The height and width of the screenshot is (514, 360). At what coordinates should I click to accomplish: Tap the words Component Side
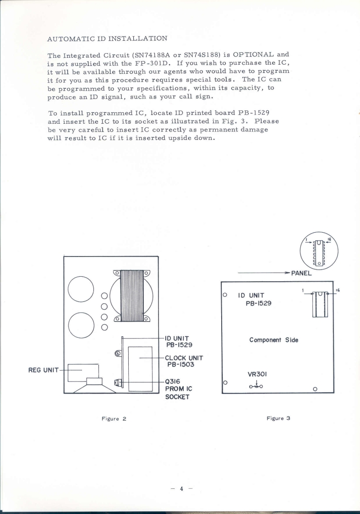coord(273,340)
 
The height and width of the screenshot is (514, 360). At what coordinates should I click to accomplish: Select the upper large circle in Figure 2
coord(81,290)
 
